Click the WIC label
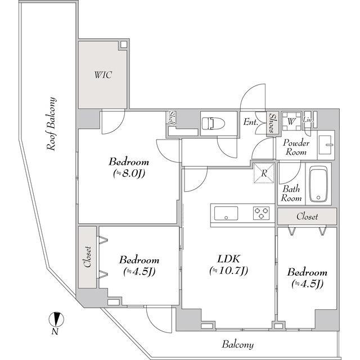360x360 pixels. [x=102, y=75]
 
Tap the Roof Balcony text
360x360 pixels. [x=52, y=124]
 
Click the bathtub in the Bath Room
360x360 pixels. [x=319, y=183]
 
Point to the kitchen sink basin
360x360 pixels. [x=225, y=213]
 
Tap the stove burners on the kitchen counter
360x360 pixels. [x=261, y=213]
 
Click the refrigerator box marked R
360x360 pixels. [x=263, y=173]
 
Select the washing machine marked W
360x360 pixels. [x=291, y=120]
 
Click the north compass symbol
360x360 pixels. [x=55, y=319]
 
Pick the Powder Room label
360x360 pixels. [x=295, y=147]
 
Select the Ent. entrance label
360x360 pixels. [x=250, y=122]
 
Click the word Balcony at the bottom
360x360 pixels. [x=237, y=344]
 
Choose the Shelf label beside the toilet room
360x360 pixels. [x=171, y=119]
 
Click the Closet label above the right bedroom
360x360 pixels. [x=307, y=216]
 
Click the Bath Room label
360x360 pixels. [x=291, y=193]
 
